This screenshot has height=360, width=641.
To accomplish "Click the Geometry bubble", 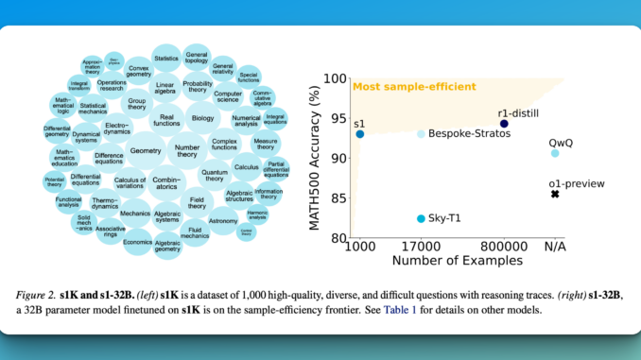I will coord(146,151).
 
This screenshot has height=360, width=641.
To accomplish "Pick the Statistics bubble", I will coord(165,60).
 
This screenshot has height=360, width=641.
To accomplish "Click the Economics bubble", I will coord(138,240).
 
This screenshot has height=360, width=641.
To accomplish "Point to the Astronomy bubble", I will coord(223,220).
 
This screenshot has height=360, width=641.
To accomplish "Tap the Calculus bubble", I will coord(246,167).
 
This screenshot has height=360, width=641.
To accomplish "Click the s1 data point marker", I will coord(360,134).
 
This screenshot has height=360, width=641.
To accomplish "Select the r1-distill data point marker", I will coord(504,124).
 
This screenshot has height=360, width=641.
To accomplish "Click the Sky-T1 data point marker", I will coord(421,218).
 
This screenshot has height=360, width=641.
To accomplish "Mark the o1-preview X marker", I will coord(555,194).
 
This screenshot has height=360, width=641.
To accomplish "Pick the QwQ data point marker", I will coord(555,153).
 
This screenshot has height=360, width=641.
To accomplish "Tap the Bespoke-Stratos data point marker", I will coord(421,134).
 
